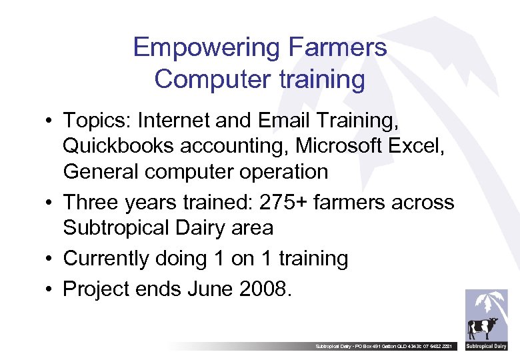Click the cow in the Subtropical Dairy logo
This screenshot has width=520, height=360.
pyautogui.click(x=481, y=328)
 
